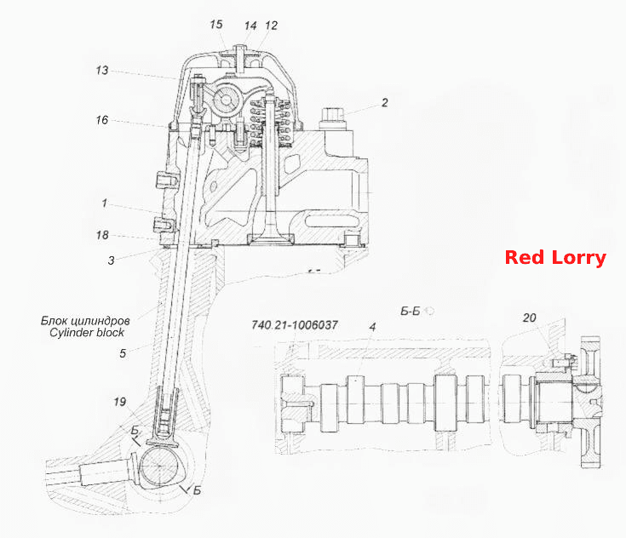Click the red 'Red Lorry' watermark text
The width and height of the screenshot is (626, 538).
[x=555, y=258]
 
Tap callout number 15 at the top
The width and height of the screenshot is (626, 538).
[x=216, y=25]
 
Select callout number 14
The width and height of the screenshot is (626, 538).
[x=250, y=26]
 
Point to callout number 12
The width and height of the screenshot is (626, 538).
[x=271, y=26]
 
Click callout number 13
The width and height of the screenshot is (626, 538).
[x=102, y=71]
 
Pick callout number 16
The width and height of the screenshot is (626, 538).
[x=102, y=120]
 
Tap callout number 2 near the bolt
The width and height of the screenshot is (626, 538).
[x=384, y=102]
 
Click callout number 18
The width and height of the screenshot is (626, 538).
[x=102, y=235]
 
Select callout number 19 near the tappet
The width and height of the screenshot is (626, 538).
[x=120, y=402]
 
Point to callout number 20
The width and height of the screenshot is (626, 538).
[x=530, y=318]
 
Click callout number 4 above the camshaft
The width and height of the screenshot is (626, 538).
[x=372, y=327]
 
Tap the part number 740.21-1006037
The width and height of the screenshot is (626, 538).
[x=295, y=325]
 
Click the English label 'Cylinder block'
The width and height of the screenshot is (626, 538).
[x=87, y=333]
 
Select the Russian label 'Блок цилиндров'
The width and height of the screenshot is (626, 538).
[x=85, y=320]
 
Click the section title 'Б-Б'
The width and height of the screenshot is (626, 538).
[x=411, y=311]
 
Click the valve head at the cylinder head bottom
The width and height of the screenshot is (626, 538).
[x=271, y=239]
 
